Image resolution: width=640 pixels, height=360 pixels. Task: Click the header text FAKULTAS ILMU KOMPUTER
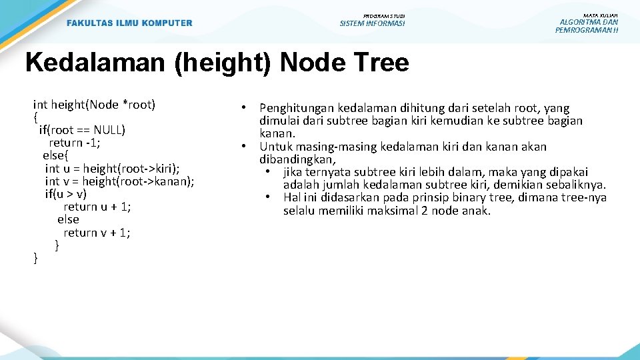[x=129, y=23]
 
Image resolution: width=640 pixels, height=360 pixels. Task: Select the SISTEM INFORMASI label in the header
[x=372, y=24]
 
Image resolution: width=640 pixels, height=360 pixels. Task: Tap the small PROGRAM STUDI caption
[x=383, y=15]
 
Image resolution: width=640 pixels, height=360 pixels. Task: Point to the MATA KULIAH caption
[x=600, y=15]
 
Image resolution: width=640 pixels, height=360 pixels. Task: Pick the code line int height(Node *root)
[x=94, y=104]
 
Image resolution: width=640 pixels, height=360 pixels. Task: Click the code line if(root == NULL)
[x=82, y=129]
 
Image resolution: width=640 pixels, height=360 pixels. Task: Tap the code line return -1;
[x=75, y=143]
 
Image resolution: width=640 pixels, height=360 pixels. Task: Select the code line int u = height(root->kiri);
[x=112, y=168]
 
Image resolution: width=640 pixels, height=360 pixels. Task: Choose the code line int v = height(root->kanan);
[x=119, y=181]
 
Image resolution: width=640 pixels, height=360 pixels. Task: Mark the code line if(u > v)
[x=65, y=194]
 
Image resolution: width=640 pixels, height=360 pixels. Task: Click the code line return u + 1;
[x=97, y=207]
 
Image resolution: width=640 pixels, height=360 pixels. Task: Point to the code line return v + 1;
[x=97, y=233]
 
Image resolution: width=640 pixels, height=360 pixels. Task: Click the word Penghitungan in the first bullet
[x=297, y=108]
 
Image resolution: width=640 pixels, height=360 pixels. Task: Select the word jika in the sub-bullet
[x=294, y=172]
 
